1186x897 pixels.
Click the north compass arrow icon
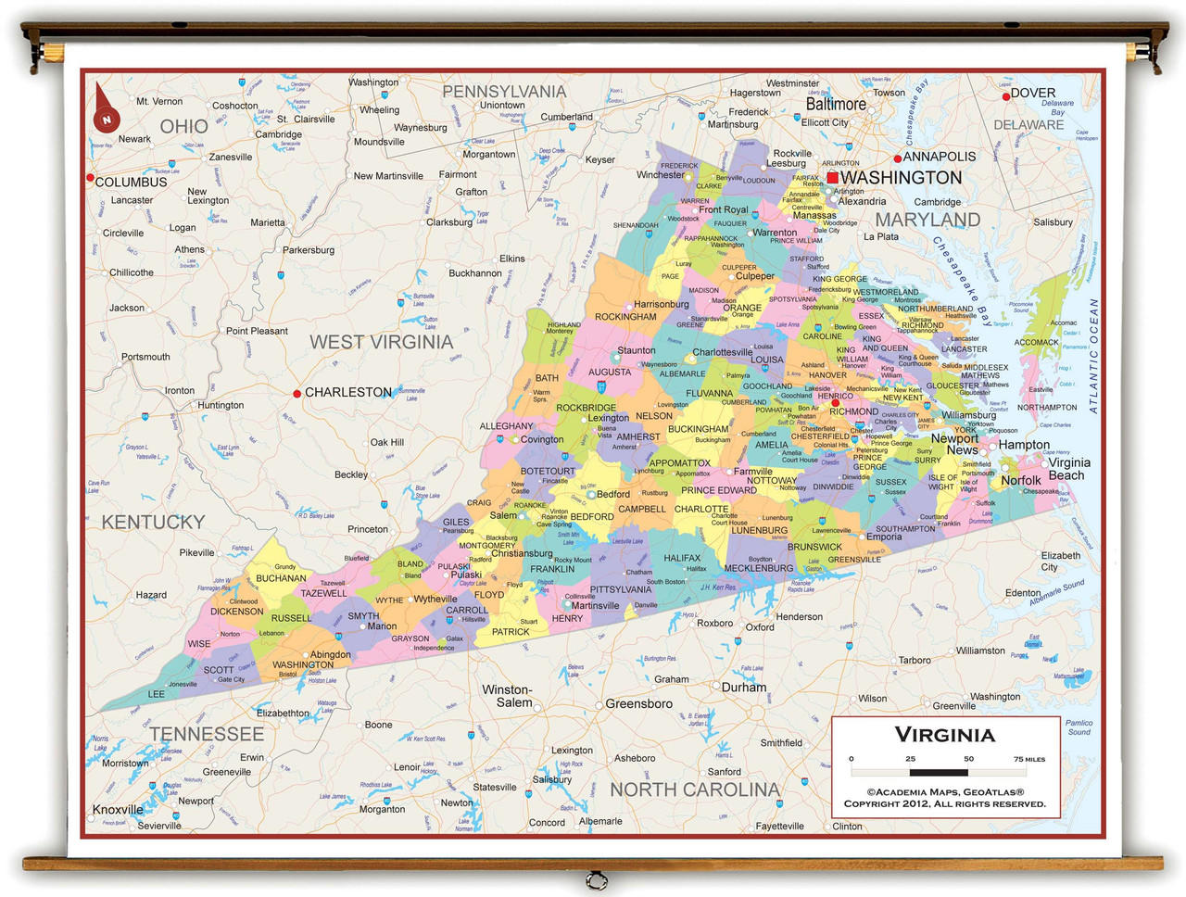106,109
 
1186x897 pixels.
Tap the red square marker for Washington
832,177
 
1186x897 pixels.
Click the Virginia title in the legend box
944,735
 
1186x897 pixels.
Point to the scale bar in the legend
939,771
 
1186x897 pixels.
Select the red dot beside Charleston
296,393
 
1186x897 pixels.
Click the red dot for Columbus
91,177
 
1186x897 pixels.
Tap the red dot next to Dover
1005,95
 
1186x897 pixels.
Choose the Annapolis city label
940,157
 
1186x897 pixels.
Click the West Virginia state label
381,342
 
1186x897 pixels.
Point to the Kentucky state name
153,522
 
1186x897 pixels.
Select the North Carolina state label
694,790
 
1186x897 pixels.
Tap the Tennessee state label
206,734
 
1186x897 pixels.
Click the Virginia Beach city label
1068,469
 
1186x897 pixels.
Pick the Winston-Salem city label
508,696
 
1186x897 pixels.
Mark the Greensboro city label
638,703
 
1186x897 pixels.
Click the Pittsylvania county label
620,589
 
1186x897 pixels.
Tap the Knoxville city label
118,809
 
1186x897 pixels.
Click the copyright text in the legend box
944,798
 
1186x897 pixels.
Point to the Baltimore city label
835,105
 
